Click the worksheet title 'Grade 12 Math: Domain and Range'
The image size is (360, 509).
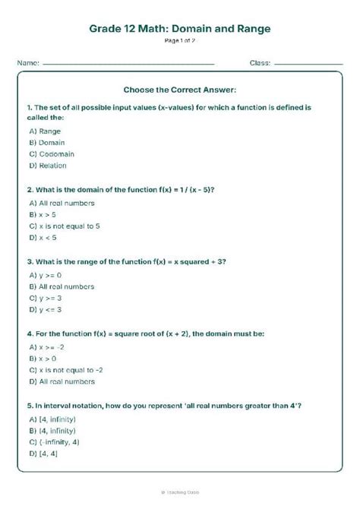point(180,29)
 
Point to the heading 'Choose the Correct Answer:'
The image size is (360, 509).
point(180,90)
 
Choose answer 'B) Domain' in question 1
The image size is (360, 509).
point(47,142)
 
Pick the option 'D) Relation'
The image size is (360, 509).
point(48,165)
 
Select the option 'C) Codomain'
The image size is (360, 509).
point(50,153)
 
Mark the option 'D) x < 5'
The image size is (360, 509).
point(43,237)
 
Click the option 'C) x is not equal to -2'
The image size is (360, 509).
point(66,369)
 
